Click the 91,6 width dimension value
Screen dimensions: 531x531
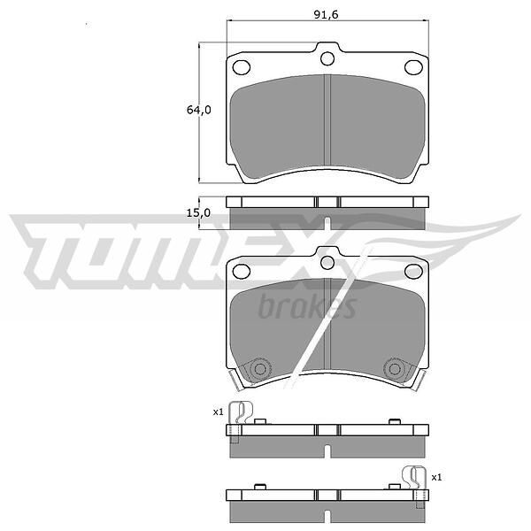326,14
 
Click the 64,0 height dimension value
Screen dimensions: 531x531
199,110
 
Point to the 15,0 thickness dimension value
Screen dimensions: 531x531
198,212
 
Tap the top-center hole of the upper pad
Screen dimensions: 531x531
327,58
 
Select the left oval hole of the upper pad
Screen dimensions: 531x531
242,67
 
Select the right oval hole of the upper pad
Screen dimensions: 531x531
414,67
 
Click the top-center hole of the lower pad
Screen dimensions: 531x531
327,263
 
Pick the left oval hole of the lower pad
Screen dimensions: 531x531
242,272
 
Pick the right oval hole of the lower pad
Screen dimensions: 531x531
414,272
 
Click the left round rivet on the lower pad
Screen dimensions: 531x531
260,369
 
